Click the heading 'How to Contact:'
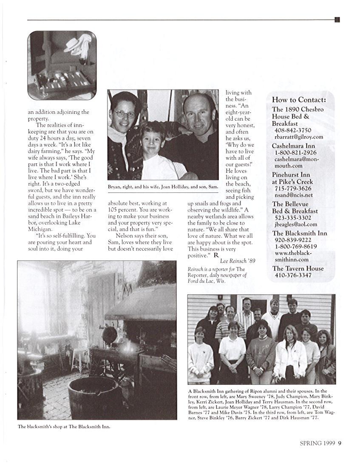[x=299, y=100]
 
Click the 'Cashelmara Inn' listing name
[x=293, y=146]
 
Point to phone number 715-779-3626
[x=293, y=188]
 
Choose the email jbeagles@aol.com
[x=296, y=224]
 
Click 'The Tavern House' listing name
[x=298, y=268]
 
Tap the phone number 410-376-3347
[x=293, y=275]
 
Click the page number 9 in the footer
[x=340, y=443]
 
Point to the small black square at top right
[x=337, y=20]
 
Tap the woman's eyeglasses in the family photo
[x=124, y=114]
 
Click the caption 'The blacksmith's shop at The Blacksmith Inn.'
[x=64, y=427]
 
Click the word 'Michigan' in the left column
[x=39, y=229]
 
